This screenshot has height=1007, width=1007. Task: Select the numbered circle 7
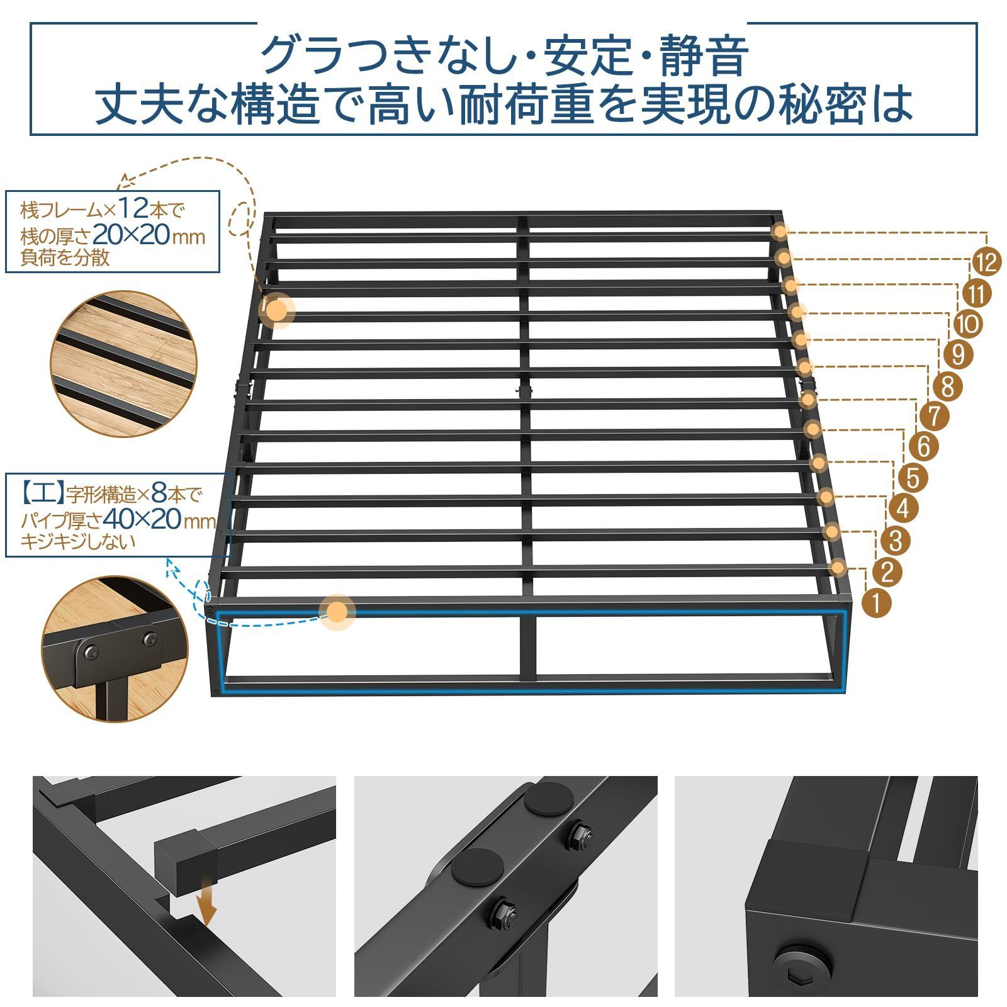click(934, 415)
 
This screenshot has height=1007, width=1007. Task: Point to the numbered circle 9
click(958, 354)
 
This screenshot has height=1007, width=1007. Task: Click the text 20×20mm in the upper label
click(149, 236)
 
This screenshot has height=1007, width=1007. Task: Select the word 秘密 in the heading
click(823, 103)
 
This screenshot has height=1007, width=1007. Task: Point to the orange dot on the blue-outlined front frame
click(337, 612)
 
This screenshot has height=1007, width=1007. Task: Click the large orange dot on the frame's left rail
click(276, 310)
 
